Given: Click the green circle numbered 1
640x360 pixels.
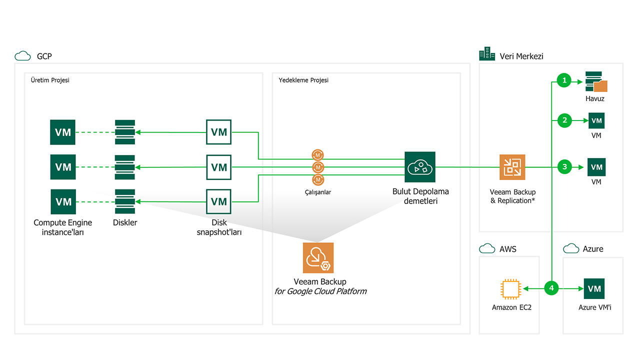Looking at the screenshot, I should [x=564, y=80].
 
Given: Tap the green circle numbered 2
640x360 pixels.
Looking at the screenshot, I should [x=564, y=120].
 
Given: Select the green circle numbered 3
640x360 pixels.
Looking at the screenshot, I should [x=564, y=166].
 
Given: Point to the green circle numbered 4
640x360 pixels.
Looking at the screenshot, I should [x=551, y=288].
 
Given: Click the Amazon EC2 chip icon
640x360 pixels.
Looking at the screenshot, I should [x=511, y=289].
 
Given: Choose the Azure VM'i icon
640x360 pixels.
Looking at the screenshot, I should [x=594, y=288].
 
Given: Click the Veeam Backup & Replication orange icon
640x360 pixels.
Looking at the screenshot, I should [x=512, y=166].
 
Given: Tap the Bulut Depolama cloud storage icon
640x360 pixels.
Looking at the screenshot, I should [x=420, y=167].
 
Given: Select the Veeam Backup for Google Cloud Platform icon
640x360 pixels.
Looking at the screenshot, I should [x=318, y=257].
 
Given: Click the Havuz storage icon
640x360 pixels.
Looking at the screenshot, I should [x=595, y=82].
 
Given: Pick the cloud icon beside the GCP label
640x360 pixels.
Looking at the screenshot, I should [x=22, y=55].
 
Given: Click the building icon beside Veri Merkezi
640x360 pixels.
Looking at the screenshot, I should [x=486, y=54].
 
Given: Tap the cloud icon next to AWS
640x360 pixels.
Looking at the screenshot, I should [x=486, y=248].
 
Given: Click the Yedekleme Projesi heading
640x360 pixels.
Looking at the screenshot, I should [x=303, y=80].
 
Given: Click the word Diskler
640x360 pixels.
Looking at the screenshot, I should [x=124, y=222].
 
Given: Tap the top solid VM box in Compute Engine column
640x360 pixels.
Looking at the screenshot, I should [x=63, y=132].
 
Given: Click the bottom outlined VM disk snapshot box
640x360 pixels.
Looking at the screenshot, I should [x=219, y=201].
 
